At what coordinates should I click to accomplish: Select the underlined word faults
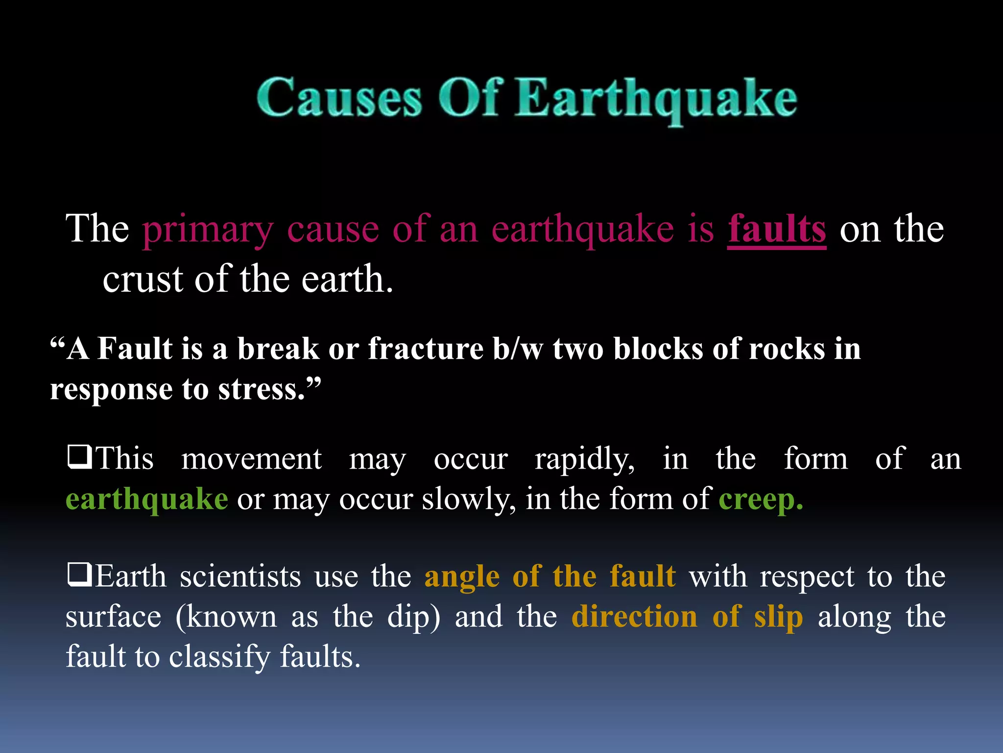777,229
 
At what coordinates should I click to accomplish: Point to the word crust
143,279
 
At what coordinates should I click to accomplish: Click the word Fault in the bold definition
135,349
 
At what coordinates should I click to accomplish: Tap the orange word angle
462,577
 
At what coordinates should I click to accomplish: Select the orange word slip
778,617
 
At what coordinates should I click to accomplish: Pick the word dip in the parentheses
409,617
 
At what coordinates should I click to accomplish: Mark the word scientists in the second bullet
240,577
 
